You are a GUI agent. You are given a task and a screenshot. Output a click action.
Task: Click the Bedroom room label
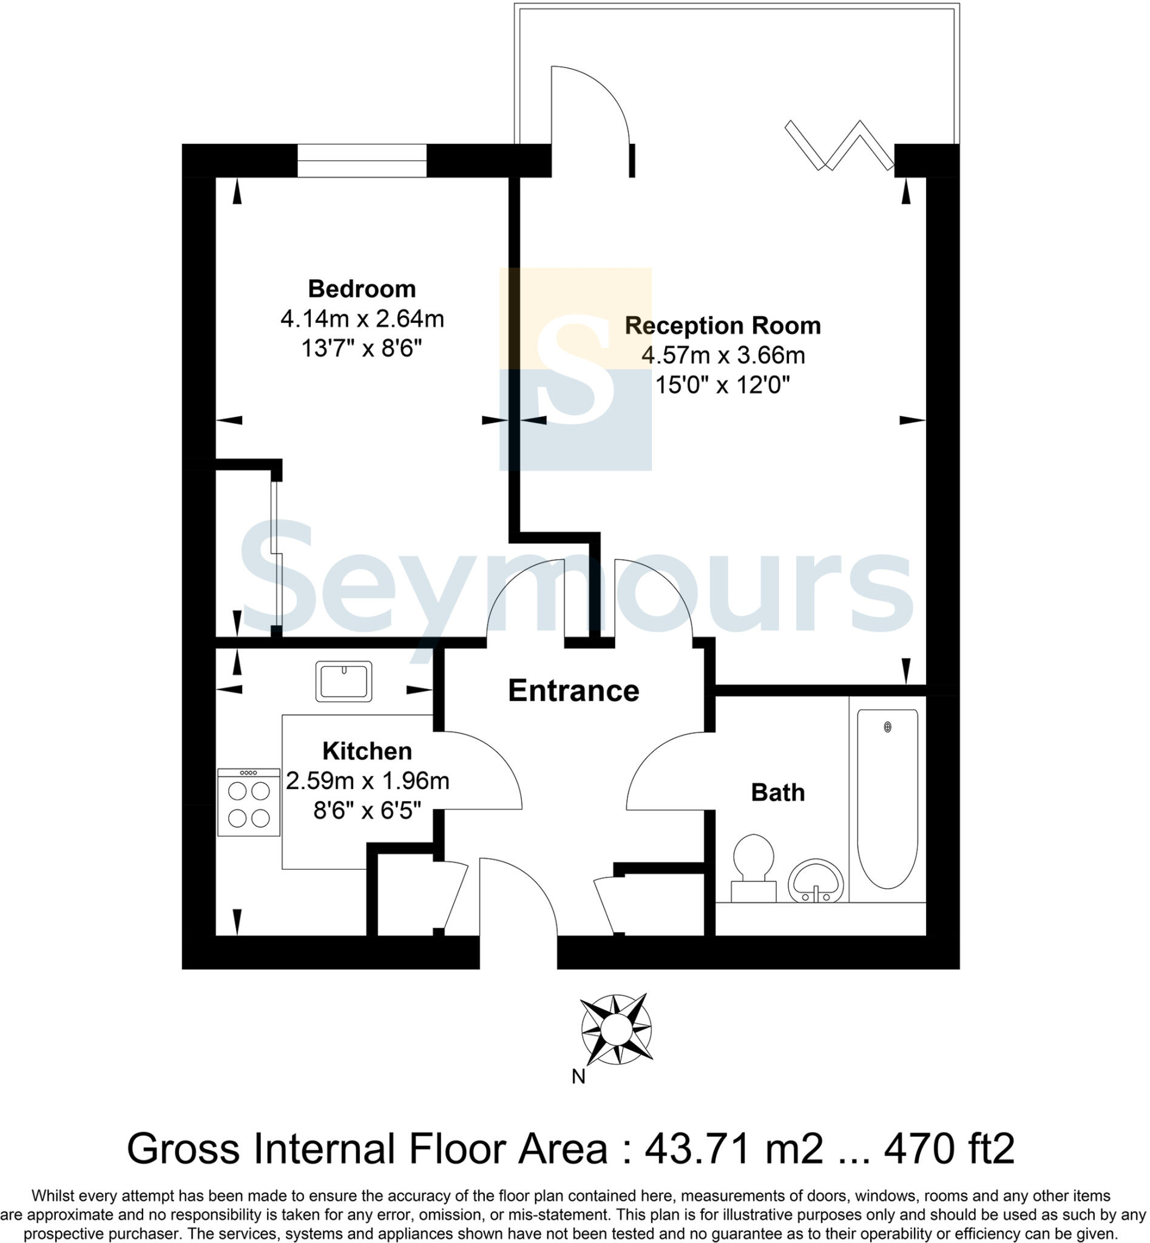click(x=362, y=290)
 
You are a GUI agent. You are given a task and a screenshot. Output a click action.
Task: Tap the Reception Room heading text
click(x=723, y=325)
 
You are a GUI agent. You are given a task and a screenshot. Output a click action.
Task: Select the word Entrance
click(x=573, y=691)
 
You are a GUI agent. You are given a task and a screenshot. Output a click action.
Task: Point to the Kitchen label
click(x=367, y=751)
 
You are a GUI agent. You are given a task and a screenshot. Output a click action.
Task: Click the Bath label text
click(x=778, y=793)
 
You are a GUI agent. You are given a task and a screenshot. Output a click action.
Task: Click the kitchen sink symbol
click(x=343, y=682)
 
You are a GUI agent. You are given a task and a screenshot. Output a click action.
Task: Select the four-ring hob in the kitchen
click(x=249, y=802)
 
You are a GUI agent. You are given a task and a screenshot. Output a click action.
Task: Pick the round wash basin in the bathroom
click(x=815, y=881)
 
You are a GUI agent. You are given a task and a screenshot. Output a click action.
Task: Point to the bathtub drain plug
click(x=887, y=727)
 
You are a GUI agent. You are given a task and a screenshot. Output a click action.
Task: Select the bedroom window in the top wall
click(x=362, y=161)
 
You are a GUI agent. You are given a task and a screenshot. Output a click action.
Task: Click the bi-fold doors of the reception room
click(x=839, y=146)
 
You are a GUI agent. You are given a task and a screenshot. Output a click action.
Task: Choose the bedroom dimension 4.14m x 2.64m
click(x=362, y=319)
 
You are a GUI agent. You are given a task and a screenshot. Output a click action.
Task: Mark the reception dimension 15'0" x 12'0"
click(x=723, y=385)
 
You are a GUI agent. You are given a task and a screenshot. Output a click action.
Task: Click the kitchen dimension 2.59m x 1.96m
click(x=367, y=781)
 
